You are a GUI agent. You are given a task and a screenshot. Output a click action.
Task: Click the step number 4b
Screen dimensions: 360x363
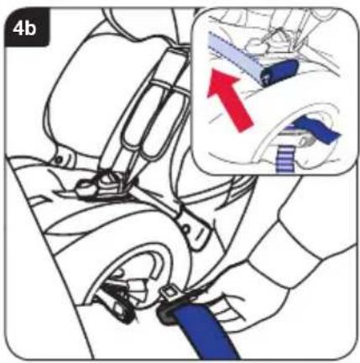point(24,29)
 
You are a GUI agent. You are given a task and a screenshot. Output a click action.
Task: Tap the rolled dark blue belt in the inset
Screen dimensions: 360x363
point(279,71)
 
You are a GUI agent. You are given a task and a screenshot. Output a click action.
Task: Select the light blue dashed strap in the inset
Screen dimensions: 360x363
point(235,56)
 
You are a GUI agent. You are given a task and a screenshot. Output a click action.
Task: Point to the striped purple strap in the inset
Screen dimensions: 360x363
point(285,159)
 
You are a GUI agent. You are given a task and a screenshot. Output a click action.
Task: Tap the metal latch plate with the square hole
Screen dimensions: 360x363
point(171,294)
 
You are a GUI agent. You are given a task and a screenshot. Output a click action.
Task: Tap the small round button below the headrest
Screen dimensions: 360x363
point(59,160)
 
